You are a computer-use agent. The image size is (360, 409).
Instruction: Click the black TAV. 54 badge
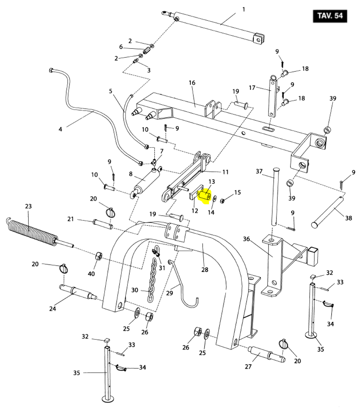[330, 16]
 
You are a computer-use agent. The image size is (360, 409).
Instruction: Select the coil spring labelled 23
[31, 232]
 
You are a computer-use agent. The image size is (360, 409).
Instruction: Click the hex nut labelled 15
[223, 201]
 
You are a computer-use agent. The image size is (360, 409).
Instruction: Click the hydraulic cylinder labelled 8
[146, 182]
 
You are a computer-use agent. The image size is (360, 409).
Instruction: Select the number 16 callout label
[192, 83]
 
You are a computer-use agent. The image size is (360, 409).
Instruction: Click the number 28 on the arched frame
[205, 270]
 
